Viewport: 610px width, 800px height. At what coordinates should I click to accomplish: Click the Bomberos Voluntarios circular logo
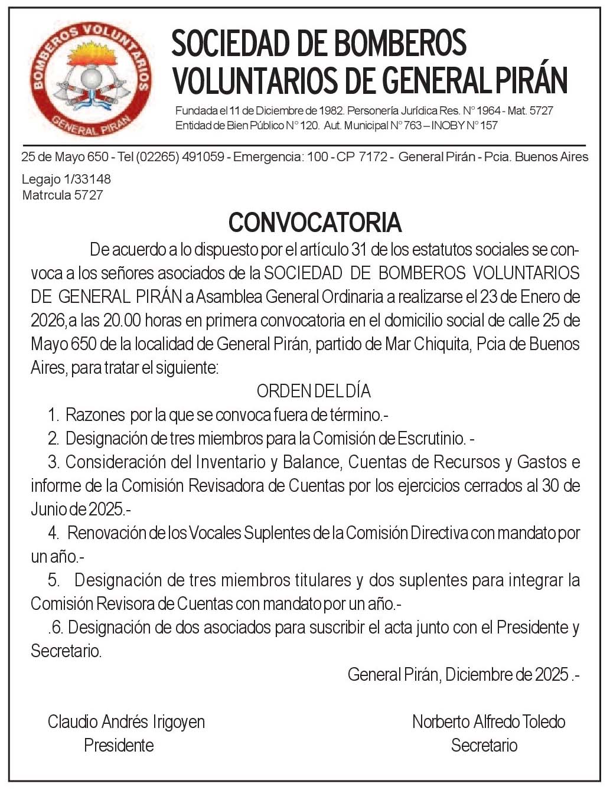tap(90, 79)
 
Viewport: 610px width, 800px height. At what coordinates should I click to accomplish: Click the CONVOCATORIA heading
tap(315, 223)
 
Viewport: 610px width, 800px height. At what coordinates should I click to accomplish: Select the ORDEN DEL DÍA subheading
tap(314, 391)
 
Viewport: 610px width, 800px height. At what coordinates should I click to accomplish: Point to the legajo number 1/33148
tap(83, 179)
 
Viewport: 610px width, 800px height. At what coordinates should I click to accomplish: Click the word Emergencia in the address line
tap(268, 157)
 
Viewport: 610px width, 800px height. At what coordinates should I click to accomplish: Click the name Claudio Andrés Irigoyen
tap(126, 721)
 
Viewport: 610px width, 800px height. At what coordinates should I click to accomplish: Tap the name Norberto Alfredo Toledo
tap(488, 721)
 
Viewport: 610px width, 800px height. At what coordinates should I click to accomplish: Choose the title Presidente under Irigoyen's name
tap(119, 745)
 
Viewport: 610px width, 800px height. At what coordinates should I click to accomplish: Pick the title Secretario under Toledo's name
tap(484, 745)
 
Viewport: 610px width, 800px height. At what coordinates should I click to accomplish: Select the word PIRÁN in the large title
tap(530, 81)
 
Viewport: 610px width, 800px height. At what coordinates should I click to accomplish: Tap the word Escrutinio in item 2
tap(430, 438)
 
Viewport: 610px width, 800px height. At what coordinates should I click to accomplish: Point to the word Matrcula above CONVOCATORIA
tap(47, 195)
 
